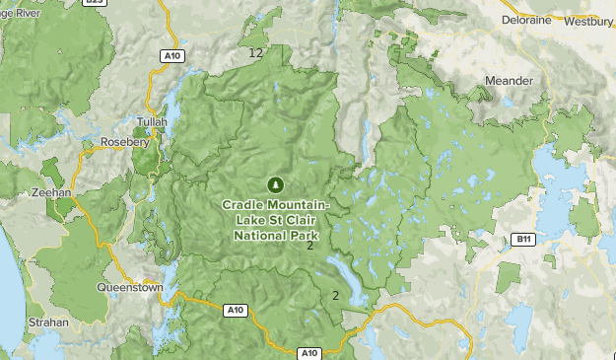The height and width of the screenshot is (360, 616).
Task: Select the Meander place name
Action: coord(509,80)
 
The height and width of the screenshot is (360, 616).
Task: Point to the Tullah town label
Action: coord(153,122)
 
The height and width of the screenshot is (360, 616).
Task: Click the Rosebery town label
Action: coord(124,142)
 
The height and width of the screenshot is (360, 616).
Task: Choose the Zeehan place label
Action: coord(51,193)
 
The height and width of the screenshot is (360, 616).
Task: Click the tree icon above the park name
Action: coord(276,183)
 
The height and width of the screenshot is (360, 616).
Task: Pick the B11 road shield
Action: coord(523,240)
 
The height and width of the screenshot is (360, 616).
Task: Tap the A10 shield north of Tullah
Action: coord(173,56)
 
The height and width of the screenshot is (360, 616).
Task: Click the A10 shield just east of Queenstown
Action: coord(235,311)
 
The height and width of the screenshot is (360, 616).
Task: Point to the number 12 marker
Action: coord(256,52)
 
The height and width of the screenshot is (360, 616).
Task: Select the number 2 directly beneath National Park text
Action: coord(309,246)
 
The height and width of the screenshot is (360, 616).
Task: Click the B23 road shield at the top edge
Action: coord(94,3)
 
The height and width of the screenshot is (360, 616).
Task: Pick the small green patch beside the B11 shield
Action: coord(509,277)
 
